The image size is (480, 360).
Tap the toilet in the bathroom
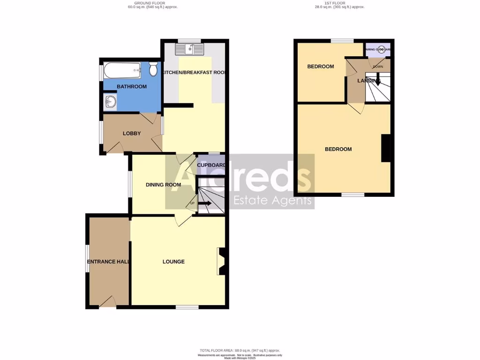click(x=153, y=70)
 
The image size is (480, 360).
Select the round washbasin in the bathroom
click(x=110, y=101)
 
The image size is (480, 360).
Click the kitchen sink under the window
click(x=190, y=48)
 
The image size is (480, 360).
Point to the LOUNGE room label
click(x=173, y=262)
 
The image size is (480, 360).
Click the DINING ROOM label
click(x=163, y=185)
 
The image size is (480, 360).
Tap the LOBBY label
click(x=132, y=134)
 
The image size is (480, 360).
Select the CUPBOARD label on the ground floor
click(x=211, y=165)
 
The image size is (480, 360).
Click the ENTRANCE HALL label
click(x=108, y=262)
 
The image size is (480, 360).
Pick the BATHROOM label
click(x=132, y=87)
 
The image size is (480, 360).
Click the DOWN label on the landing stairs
click(x=378, y=67)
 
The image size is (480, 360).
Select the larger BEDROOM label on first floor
click(x=338, y=149)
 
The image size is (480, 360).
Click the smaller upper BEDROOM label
click(x=321, y=67)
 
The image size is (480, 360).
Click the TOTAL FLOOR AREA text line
click(x=240, y=351)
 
